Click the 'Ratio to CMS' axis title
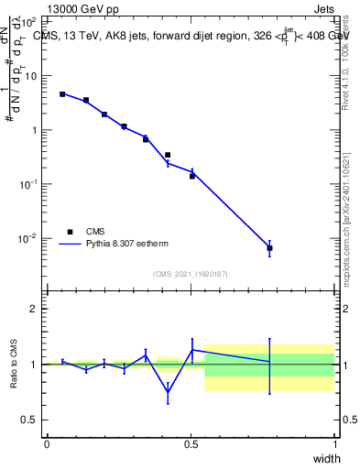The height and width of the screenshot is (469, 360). point(15,364)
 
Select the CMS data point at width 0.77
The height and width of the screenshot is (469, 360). point(269,248)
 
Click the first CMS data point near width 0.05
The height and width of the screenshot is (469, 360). point(62,94)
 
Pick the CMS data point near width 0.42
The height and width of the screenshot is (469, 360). point(168,155)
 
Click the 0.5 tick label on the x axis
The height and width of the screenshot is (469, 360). point(191,444)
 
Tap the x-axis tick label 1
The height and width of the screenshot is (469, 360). point(334,444)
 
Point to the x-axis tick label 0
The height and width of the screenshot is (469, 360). point(47,444)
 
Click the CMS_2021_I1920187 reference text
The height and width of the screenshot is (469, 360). point(191,273)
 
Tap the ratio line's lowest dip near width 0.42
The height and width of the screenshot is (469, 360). point(168,395)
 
